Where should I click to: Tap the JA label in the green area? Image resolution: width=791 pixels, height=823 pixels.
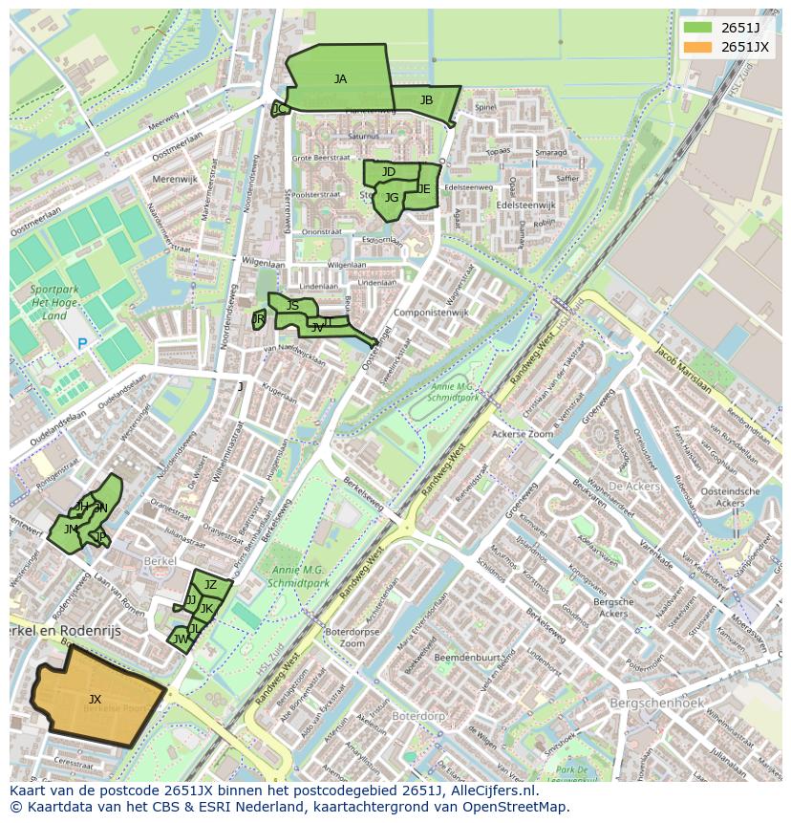(x=340, y=79)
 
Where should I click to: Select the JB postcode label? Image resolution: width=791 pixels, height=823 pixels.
(x=426, y=100)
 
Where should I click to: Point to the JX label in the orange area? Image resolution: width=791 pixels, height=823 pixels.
(x=95, y=700)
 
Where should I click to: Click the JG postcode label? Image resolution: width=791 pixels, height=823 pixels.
(x=392, y=198)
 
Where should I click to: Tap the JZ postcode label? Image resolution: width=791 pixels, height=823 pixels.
(x=211, y=585)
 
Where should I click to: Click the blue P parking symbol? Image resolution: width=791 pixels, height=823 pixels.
(x=82, y=344)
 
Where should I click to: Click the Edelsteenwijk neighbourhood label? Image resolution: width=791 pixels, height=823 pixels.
(x=525, y=205)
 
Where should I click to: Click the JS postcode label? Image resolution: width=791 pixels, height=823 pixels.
(x=292, y=306)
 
